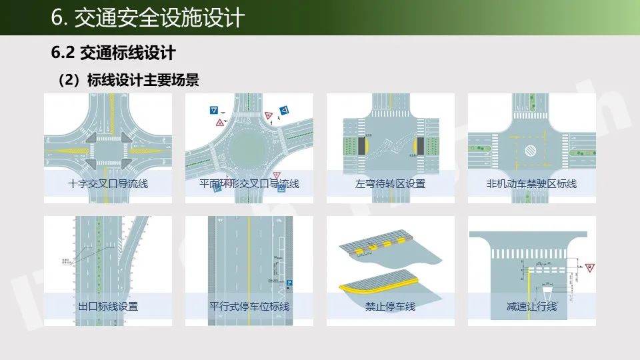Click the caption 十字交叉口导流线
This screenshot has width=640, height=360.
tap(108, 183)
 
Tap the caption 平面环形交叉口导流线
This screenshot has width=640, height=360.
tap(249, 183)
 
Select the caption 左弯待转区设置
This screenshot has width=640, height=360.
tap(390, 183)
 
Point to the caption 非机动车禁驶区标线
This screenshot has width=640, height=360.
tap(531, 183)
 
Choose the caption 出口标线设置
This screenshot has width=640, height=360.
tap(108, 307)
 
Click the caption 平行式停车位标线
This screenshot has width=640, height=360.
tap(249, 307)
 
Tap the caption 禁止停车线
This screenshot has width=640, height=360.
tap(390, 307)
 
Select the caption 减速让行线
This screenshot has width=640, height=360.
tap(531, 307)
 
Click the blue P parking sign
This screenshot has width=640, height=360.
tap(289, 283)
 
